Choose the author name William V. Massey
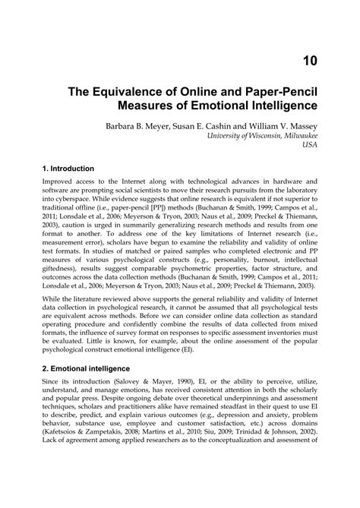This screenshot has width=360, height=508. [x=289, y=121]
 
